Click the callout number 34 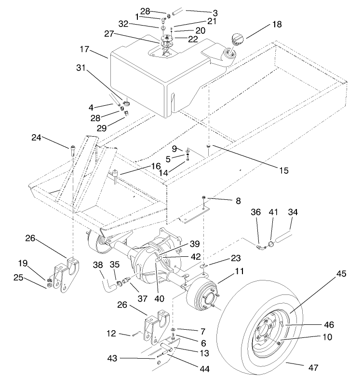point(293,211)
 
